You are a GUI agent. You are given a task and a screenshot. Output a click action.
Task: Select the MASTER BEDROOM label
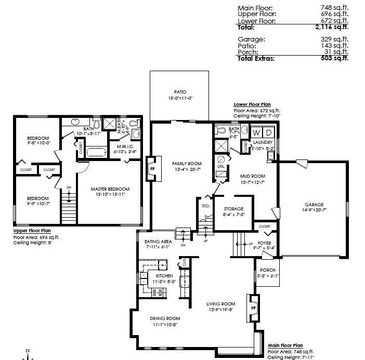110,189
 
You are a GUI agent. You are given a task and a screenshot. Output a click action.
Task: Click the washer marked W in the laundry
257,132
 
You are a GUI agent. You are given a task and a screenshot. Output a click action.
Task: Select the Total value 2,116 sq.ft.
334,28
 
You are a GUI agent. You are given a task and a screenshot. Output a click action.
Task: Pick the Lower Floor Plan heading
252,104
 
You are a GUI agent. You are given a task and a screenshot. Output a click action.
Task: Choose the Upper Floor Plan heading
32,231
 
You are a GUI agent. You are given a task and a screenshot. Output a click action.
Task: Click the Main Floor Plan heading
285,345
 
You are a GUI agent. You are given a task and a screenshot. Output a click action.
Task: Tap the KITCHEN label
157,276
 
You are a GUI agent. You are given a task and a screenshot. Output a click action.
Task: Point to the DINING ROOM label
165,318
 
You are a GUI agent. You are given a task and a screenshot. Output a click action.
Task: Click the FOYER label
264,242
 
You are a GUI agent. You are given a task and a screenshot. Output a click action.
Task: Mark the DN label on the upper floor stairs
69,188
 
